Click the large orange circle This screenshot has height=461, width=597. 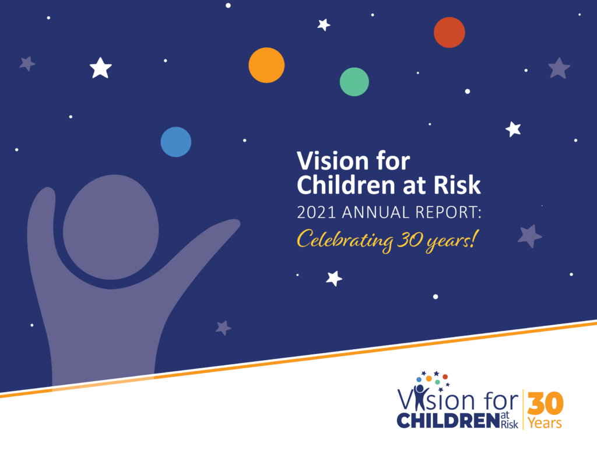coord(266,65)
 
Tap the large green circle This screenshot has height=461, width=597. coord(354,82)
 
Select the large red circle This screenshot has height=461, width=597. coord(449,33)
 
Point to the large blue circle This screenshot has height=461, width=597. coord(176,142)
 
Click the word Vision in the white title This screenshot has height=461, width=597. coord(333,161)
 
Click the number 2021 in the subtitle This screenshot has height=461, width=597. coord(317,212)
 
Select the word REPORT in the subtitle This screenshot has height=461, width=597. coord(446,212)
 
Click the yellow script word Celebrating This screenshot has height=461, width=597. coord(345,241)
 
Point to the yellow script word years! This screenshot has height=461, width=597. coord(451,241)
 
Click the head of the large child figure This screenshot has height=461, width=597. coord(111,227)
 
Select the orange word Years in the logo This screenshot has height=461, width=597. coord(545,423)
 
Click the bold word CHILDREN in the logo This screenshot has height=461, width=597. coord(448,421)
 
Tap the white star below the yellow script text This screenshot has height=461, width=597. coord(334,278)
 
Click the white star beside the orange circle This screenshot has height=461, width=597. coord(324,24)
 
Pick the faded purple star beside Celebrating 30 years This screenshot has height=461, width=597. coord(529,236)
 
